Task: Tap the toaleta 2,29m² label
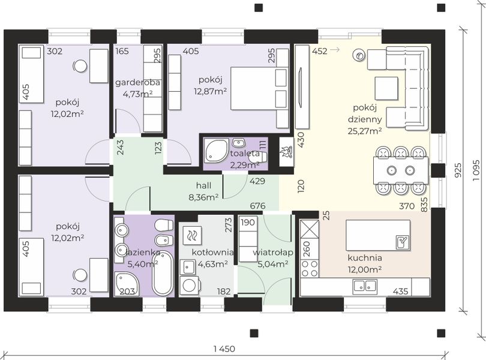[x=245, y=159]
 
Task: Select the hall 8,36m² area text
[x=203, y=191]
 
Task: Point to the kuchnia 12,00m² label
[x=365, y=263]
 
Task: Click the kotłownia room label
[x=212, y=252]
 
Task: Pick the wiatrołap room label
[x=273, y=253]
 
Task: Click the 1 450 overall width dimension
[x=224, y=349]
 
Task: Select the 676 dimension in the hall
[x=258, y=206]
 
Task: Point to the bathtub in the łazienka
[x=162, y=273]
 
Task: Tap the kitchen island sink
[x=403, y=242]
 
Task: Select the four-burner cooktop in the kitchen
[x=310, y=269]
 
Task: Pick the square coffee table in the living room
[x=386, y=88]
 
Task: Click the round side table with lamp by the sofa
[x=359, y=56]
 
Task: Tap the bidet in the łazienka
[x=164, y=241]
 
